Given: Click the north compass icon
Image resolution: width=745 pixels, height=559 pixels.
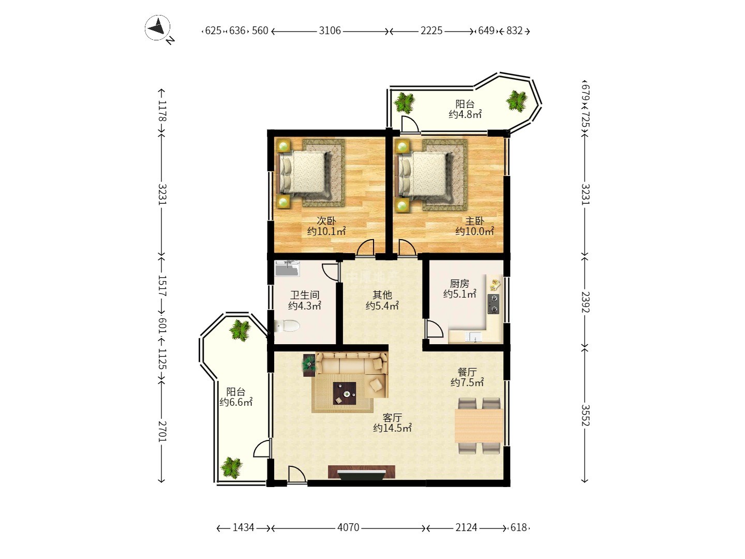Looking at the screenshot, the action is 158,28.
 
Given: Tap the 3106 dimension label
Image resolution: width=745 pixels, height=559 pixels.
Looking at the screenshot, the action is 330,31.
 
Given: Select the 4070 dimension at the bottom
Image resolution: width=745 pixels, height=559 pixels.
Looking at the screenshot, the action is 348,527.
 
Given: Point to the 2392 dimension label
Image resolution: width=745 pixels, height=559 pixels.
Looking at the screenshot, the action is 585,302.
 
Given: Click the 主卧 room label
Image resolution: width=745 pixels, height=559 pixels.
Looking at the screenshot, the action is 474,221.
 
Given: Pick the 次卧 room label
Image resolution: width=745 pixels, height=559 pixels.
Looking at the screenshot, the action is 326,221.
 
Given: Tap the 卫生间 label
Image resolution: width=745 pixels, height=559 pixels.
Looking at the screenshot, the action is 305,295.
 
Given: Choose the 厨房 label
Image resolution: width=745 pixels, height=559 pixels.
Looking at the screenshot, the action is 459,283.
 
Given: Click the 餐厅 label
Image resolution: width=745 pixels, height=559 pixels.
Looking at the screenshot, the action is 467,372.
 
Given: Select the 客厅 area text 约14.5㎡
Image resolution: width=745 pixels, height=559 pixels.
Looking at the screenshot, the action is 392,428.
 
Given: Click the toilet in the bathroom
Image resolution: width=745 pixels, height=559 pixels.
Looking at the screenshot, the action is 287,326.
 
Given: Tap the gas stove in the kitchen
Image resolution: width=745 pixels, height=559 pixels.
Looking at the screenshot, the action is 493,304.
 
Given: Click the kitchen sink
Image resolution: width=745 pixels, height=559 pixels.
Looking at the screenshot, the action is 473,337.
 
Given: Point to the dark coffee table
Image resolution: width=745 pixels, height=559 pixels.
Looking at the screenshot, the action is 345,393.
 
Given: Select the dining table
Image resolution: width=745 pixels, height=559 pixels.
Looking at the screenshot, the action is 479,426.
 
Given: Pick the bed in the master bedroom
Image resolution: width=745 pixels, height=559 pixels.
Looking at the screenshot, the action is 426,175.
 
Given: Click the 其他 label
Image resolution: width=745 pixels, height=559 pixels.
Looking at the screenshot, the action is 382,295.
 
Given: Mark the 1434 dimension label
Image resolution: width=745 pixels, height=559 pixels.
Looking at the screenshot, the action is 243,527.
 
